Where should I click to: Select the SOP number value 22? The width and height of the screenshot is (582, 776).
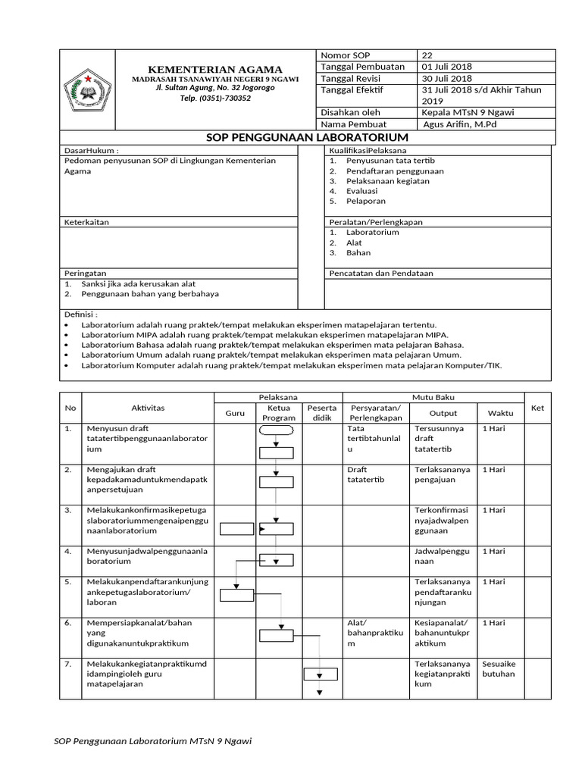[x=427, y=55]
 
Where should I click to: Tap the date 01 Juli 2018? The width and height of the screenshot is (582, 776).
[x=447, y=67]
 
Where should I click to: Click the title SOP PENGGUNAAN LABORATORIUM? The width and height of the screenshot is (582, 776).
[x=308, y=137]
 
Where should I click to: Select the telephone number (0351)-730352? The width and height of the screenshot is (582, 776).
[x=215, y=98]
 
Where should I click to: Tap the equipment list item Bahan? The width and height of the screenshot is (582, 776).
[x=358, y=253]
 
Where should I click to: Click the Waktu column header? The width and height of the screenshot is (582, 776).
[x=500, y=413]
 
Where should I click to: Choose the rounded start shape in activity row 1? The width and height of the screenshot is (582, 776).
[x=276, y=430]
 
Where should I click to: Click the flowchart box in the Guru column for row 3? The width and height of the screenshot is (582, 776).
[x=236, y=529]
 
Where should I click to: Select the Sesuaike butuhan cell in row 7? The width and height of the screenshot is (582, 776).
[x=499, y=668]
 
